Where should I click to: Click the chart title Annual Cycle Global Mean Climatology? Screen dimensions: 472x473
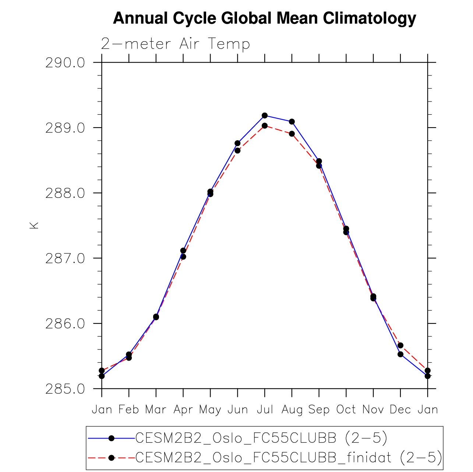(264, 18)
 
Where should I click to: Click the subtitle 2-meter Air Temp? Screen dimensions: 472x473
(176, 44)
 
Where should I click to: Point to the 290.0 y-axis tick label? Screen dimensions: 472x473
(65, 63)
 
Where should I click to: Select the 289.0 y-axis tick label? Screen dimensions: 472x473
(65, 128)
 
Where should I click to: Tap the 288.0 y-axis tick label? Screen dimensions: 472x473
(65, 193)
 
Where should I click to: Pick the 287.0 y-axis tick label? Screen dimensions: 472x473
(65, 258)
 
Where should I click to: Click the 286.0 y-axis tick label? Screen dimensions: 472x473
(65, 324)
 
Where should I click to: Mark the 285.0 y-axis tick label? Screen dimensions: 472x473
(65, 389)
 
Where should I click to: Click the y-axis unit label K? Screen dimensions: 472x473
(34, 225)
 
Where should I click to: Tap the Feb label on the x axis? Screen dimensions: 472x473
(129, 409)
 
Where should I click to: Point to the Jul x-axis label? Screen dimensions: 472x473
(265, 409)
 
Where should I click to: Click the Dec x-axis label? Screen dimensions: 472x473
(400, 409)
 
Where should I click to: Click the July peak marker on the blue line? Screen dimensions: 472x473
(265, 116)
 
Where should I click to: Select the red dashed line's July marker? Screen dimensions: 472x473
(265, 126)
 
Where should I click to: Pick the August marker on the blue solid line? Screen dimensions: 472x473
(292, 122)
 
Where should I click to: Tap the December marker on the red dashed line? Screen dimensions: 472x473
(400, 345)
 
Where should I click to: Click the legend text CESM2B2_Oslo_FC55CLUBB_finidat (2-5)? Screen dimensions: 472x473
(289, 458)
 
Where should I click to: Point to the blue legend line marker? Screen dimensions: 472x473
(112, 438)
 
